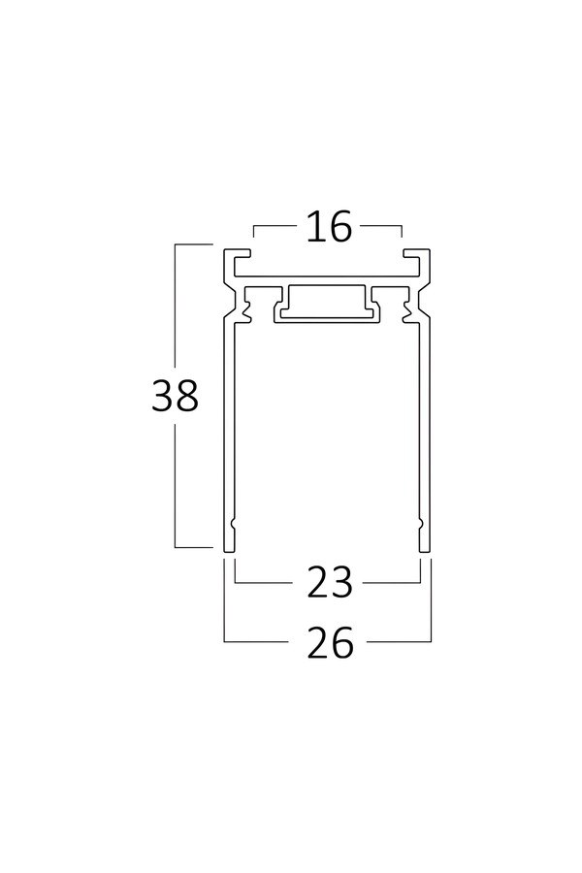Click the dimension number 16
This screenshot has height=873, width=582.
pos(329,227)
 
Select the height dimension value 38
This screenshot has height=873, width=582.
pos(175,396)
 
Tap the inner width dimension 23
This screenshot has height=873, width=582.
pos(330,582)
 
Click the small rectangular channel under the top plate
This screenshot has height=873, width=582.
pos(328,304)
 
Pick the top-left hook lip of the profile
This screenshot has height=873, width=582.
pos(238,254)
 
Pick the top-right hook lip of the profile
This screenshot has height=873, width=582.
pos(416,254)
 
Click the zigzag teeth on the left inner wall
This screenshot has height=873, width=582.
pos(246,311)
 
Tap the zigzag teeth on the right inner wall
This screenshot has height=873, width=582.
pos(408,311)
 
